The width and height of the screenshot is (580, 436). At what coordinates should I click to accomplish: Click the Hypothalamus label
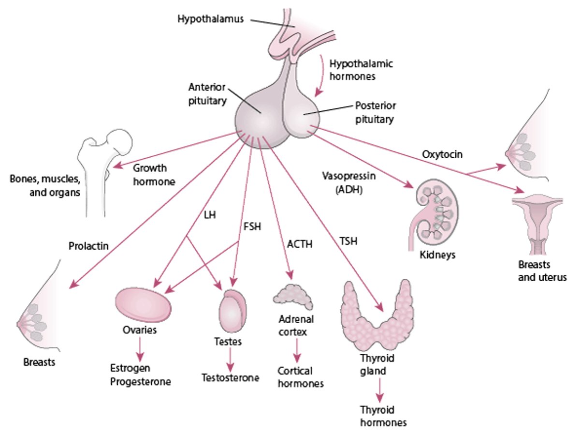tap(210, 20)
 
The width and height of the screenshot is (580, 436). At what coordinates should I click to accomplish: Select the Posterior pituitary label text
tap(375, 112)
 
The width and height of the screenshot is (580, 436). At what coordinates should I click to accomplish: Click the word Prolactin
tap(88, 246)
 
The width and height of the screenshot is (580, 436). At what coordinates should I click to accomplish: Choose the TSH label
tap(348, 241)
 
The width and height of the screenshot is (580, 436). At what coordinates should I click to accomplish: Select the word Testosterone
tap(231, 377)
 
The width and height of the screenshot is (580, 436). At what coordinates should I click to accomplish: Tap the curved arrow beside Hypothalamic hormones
tap(320, 77)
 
